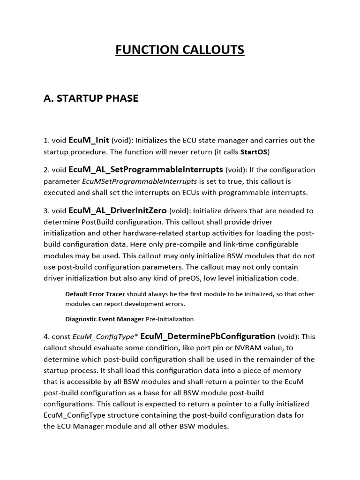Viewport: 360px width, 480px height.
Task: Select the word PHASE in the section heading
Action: coord(120,98)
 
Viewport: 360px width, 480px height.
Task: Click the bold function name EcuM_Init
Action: coord(89,140)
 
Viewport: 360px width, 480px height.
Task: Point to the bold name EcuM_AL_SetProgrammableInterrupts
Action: coord(146,169)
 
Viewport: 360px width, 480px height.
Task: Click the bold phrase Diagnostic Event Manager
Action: coord(105,319)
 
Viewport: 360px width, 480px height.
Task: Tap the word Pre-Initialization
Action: coord(170,319)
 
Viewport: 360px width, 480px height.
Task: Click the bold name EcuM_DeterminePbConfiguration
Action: coord(208,336)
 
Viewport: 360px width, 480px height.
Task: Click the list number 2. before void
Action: coord(46,170)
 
